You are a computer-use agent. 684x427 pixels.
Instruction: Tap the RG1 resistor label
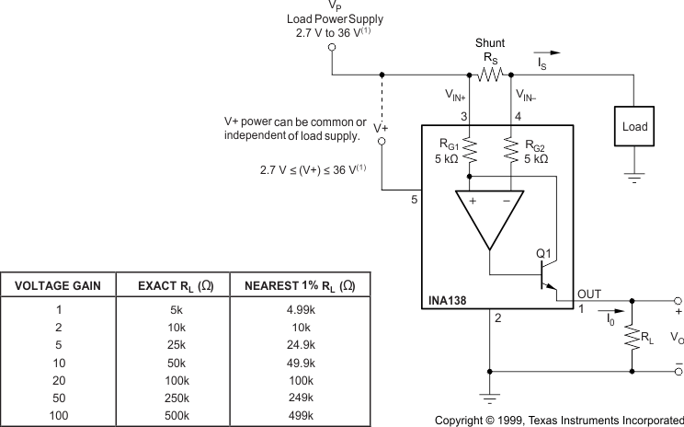pyautogui.click(x=447, y=144)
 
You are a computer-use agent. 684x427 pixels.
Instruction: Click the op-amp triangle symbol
pyautogui.click(x=490, y=220)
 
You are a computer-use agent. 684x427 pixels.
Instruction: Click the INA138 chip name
pyautogui.click(x=449, y=300)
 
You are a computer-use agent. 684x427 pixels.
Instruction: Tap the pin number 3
pyautogui.click(x=465, y=115)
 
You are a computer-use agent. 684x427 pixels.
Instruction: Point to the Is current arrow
pyautogui.click(x=548, y=53)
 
